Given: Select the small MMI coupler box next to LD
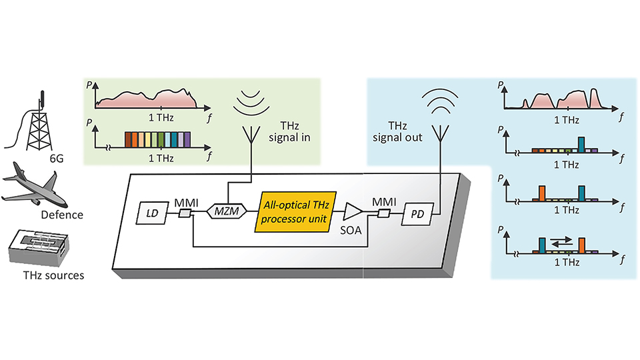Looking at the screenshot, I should [186, 213].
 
